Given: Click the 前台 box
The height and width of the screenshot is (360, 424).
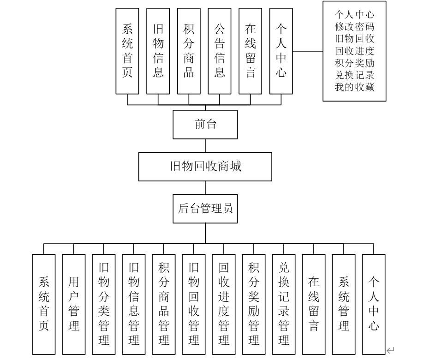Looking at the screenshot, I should [x=205, y=125].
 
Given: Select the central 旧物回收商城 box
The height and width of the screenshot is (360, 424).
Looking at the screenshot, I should [x=205, y=167].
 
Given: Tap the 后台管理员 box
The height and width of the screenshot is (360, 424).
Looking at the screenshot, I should [x=205, y=209].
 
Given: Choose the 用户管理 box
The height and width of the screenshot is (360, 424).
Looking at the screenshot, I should [x=74, y=304].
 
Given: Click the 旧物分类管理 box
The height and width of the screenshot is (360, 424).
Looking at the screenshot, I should [x=104, y=304].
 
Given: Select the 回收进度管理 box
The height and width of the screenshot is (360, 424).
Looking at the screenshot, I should [x=224, y=304].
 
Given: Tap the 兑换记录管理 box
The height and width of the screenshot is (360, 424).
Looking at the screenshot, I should [x=284, y=304].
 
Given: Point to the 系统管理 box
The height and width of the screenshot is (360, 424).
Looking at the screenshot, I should [x=344, y=304].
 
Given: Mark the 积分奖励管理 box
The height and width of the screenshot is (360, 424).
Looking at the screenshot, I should [x=254, y=304].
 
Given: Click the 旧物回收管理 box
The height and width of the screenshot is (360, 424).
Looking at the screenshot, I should [x=194, y=304].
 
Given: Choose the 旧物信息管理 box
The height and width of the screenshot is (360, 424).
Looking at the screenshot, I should [x=134, y=304].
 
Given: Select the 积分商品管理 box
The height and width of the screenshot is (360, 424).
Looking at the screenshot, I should [x=164, y=304].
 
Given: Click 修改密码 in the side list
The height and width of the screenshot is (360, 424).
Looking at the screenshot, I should [x=354, y=26].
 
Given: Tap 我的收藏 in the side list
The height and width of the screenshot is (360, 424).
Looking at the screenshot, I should [x=354, y=86].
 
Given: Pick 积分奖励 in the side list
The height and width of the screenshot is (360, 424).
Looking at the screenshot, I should [x=354, y=62].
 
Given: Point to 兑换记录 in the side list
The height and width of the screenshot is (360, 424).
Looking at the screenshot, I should [x=354, y=74].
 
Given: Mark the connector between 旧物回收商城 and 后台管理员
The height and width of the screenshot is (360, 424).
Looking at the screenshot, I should [x=205, y=188].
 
